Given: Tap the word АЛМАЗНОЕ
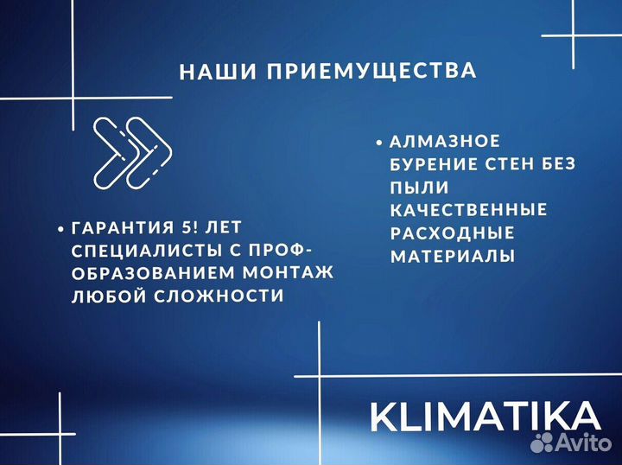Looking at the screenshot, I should coord(444,141).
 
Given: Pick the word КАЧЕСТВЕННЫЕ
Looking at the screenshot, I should coord(468,210).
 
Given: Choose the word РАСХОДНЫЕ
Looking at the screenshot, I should coord(452,233).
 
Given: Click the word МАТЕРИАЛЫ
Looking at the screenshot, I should coord(453,257).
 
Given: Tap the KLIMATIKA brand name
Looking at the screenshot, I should coord(485,416).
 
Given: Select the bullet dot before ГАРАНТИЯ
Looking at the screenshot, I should coord(60,229).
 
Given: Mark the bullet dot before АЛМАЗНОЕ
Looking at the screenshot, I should coord(380,141).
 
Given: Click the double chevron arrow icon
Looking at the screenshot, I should coord(132,150).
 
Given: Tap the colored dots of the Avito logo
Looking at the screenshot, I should coord(543,443).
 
